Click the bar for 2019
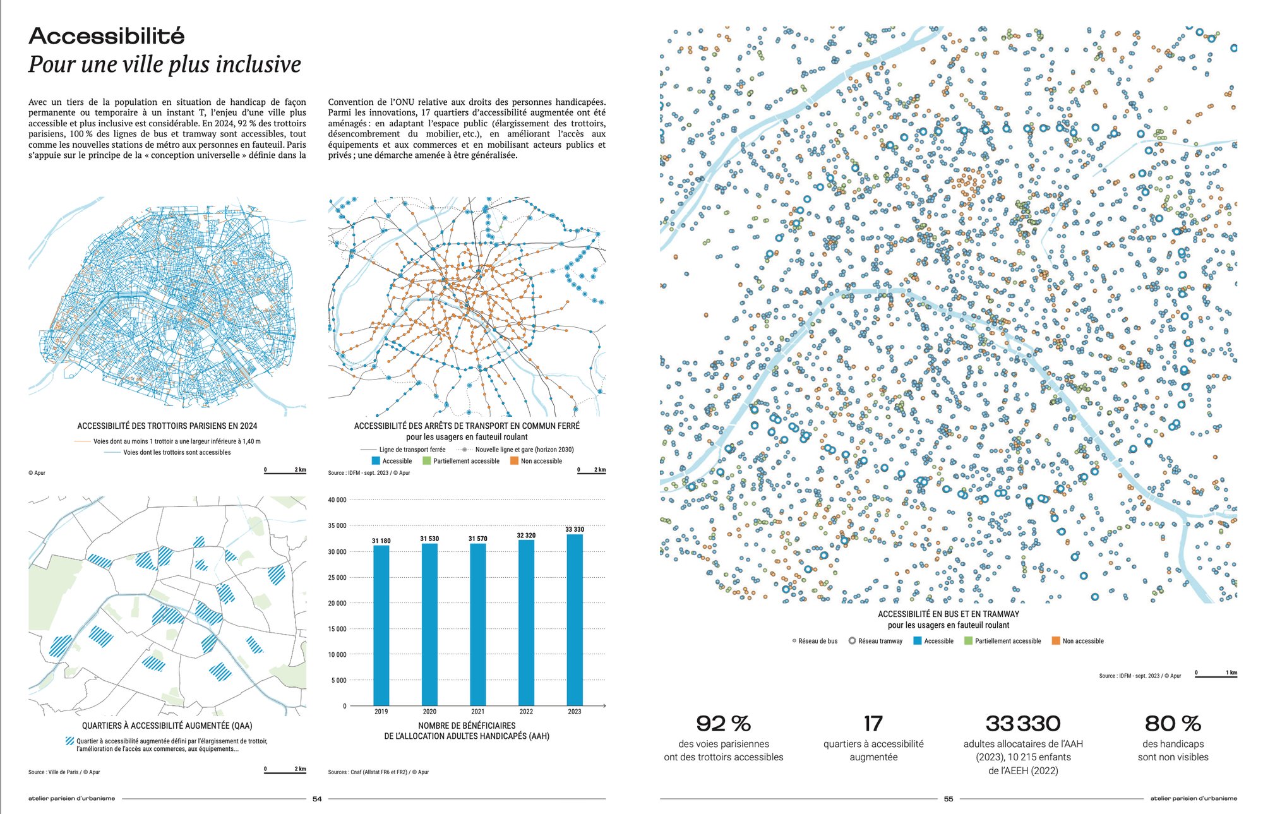click(x=381, y=625)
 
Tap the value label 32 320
click(x=526, y=536)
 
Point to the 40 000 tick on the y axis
click(x=337, y=500)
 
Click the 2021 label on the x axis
click(x=478, y=712)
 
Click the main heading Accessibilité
click(x=107, y=36)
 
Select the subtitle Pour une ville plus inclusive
click(x=165, y=64)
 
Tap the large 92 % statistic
click(x=723, y=724)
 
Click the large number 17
click(x=873, y=724)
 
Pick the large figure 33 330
click(x=1023, y=724)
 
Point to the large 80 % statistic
click(x=1173, y=724)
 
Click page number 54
click(x=317, y=799)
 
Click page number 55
click(x=949, y=799)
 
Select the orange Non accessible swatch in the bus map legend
click(x=1056, y=641)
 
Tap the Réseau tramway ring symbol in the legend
click(x=852, y=641)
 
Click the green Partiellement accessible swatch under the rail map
click(x=427, y=461)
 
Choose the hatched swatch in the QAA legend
click(x=69, y=741)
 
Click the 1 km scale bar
click(x=1216, y=676)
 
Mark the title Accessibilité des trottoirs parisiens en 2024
click(x=167, y=426)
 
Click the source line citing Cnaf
click(x=378, y=772)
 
